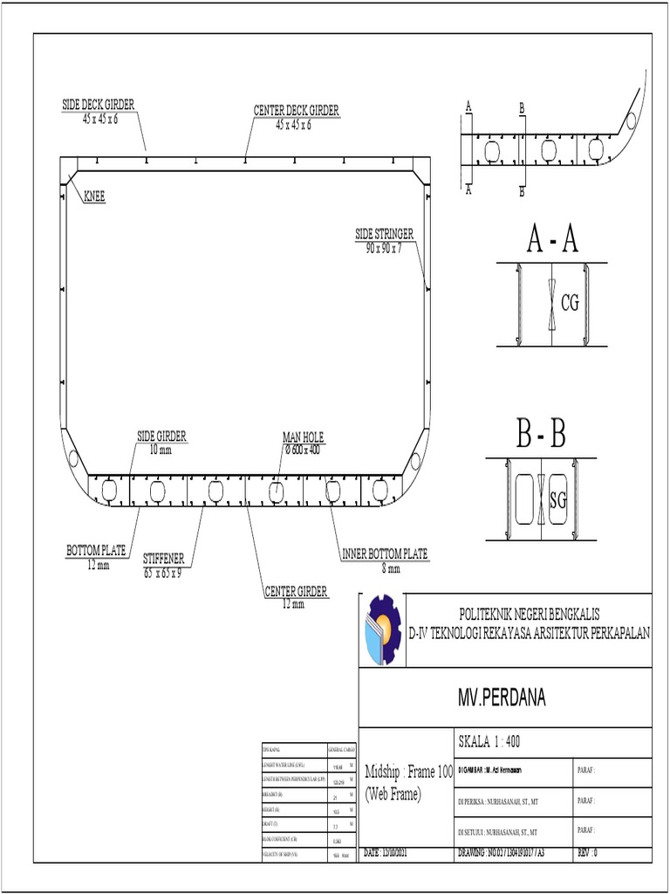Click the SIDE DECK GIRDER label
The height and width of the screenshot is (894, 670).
click(98, 106)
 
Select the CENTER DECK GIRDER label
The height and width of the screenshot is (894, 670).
click(296, 111)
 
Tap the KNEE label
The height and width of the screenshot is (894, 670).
click(94, 197)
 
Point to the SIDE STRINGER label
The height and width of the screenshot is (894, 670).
click(384, 234)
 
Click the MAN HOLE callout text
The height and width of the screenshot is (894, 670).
click(302, 437)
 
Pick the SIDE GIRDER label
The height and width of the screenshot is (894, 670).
click(161, 436)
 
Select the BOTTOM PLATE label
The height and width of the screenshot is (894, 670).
click(97, 551)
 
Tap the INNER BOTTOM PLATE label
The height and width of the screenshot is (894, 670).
click(384, 554)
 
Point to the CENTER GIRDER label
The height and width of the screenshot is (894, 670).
click(295, 592)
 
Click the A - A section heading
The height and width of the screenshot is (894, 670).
click(553, 239)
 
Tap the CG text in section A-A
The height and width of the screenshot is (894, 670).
click(570, 303)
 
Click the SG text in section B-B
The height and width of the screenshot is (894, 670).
click(558, 500)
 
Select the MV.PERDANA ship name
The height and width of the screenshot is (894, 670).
click(504, 697)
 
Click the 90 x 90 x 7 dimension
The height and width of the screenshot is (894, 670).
click(384, 248)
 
